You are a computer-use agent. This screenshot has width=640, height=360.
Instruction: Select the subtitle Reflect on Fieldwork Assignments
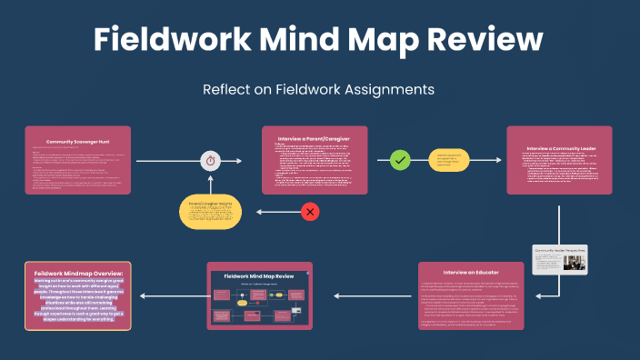pyautogui.click(x=319, y=90)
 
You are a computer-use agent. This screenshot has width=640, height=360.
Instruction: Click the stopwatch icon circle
pyautogui.click(x=211, y=161)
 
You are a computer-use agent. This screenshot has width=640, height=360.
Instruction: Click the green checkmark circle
pyautogui.click(x=400, y=161)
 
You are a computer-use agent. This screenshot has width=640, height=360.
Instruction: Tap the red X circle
pyautogui.click(x=310, y=212)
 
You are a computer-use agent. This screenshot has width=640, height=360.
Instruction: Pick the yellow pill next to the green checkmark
pyautogui.click(x=449, y=161)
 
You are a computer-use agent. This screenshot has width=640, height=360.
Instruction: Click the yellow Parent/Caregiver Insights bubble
pyautogui.click(x=210, y=211)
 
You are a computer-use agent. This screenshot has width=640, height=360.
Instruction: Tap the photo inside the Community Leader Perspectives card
pyautogui.click(x=575, y=262)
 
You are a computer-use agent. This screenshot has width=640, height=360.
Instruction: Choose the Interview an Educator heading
pyautogui.click(x=471, y=272)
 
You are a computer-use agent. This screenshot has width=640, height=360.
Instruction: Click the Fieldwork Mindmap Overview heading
pyautogui.click(x=77, y=273)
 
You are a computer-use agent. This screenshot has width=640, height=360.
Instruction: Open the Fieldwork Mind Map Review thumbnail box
pyautogui.click(x=260, y=295)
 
